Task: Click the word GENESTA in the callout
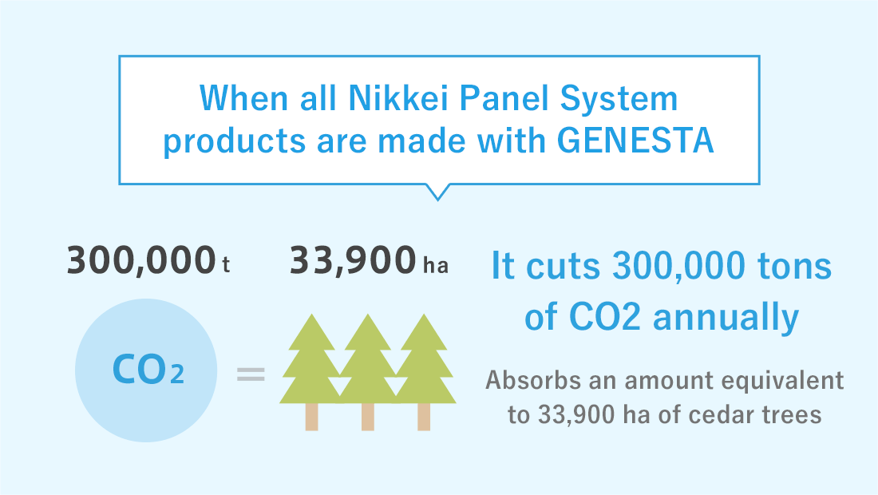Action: tap(635, 140)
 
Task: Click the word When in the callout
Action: tap(243, 98)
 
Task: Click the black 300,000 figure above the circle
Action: tap(141, 261)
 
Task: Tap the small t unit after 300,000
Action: tap(226, 264)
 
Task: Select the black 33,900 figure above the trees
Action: tap(353, 261)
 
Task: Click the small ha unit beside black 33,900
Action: tap(436, 264)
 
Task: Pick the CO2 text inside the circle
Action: tap(148, 370)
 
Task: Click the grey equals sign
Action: tap(251, 374)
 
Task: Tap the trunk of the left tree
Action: tap(312, 417)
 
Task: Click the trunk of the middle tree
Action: tap(368, 417)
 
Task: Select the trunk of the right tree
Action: tap(424, 417)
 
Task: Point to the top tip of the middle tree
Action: tap(368, 314)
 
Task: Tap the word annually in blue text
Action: tap(726, 318)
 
